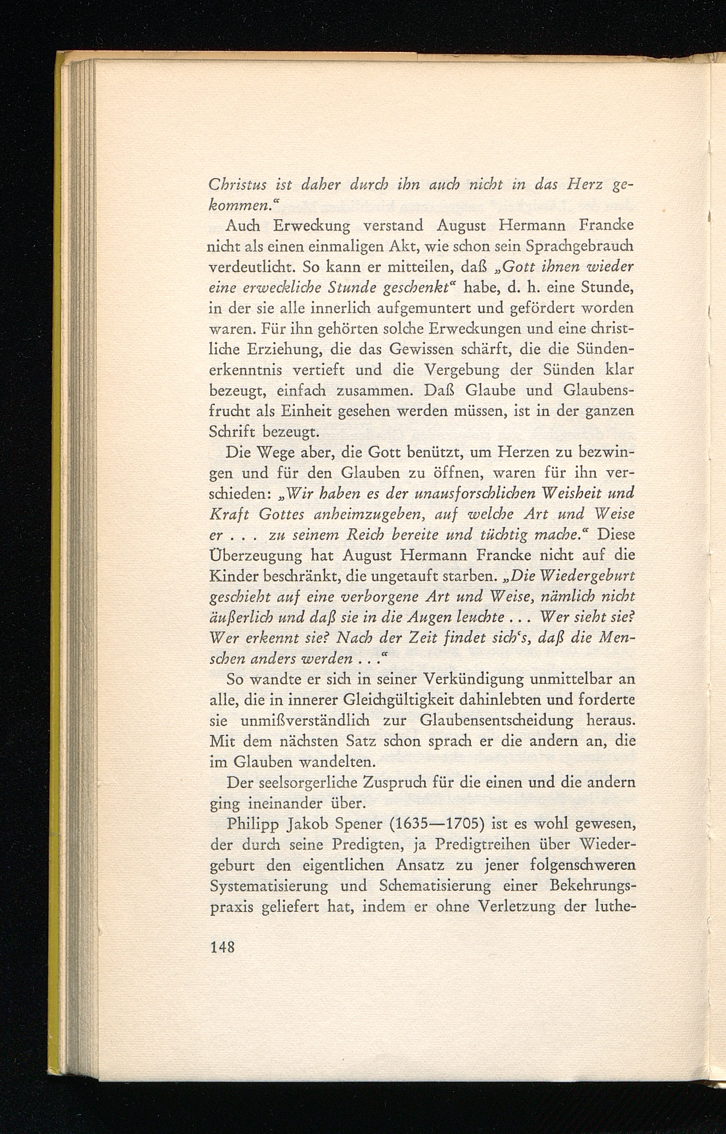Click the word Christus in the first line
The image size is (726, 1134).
coord(236,185)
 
